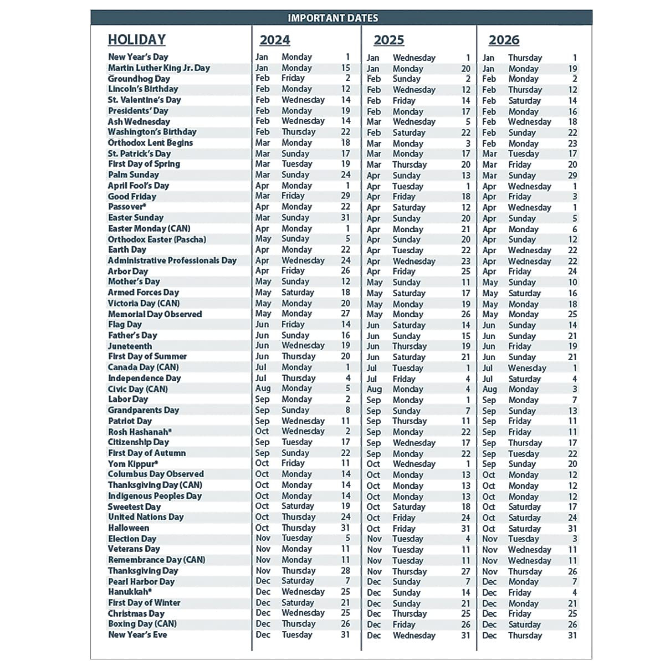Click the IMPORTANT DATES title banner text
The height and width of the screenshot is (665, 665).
[332, 18]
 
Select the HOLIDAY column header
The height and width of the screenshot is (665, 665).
[137, 39]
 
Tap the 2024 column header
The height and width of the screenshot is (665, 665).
[275, 40]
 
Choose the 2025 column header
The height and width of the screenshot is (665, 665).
[389, 40]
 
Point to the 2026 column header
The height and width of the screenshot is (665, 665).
[504, 40]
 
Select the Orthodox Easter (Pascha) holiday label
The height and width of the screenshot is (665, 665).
[157, 239]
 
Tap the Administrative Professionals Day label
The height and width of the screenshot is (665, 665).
[172, 260]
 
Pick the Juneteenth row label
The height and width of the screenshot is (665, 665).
[130, 346]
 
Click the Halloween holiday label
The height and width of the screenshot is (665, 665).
[129, 528]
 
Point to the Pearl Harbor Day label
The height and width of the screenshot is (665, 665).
[141, 581]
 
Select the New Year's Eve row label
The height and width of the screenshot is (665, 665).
[137, 635]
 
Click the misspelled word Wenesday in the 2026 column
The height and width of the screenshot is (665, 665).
[527, 368]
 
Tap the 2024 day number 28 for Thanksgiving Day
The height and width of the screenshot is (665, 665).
[345, 571]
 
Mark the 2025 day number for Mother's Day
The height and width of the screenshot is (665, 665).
[465, 282]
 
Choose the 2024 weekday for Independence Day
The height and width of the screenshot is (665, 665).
[299, 378]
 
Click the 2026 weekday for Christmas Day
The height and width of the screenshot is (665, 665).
[519, 613]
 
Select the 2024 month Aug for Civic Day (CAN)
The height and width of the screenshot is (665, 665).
[263, 388]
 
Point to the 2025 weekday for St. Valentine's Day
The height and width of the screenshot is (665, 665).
[403, 101]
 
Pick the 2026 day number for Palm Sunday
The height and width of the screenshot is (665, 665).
[572, 175]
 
